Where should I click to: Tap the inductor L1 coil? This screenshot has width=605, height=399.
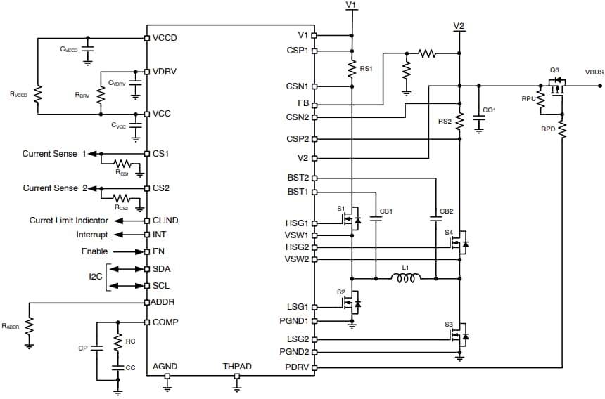click(407, 279)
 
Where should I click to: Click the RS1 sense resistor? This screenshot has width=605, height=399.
click(351, 68)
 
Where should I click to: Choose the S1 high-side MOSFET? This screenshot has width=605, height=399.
click(350, 220)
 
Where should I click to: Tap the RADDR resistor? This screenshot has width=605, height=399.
click(29, 326)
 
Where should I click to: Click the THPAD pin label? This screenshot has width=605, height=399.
click(237, 367)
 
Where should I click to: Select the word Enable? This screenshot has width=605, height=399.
click(94, 251)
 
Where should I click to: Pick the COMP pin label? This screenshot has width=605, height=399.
click(165, 322)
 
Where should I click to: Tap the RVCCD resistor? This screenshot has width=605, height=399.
click(38, 93)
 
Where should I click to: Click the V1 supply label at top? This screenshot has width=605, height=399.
click(351, 5)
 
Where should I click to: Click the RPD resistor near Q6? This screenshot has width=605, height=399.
click(562, 129)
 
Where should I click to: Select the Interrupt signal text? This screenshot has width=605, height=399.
click(92, 235)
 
